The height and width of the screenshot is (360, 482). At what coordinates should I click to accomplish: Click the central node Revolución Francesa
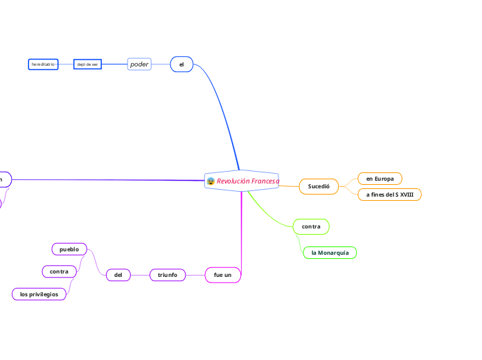tap(248, 181)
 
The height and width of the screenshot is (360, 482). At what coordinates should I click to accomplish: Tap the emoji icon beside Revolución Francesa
tap(211, 181)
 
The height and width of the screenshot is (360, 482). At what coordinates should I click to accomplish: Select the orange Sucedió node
tap(319, 186)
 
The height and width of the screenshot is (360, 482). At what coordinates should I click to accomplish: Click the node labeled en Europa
tap(380, 179)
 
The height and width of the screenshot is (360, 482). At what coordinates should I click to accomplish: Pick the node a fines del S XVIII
tap(389, 195)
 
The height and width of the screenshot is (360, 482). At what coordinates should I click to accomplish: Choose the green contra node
tap(311, 226)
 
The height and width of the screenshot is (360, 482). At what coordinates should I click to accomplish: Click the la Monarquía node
tap(330, 253)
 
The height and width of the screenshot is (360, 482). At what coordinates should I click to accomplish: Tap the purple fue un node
tap(223, 275)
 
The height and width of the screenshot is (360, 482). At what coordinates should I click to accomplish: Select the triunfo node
tap(168, 275)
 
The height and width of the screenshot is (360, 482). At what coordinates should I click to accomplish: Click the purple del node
tap(118, 275)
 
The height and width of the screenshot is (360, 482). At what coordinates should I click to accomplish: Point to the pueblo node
tap(69, 249)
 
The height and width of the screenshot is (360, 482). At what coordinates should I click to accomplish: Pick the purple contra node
tap(59, 271)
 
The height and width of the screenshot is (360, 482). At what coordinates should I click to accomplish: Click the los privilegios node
tap(39, 294)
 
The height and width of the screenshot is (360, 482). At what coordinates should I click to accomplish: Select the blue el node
tap(181, 64)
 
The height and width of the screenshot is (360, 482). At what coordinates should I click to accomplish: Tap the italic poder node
tap(139, 64)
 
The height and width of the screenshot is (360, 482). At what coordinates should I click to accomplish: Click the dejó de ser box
tap(88, 64)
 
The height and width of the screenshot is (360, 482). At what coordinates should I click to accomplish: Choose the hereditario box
tap(42, 64)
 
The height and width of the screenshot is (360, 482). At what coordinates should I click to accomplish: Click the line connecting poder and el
tap(161, 64)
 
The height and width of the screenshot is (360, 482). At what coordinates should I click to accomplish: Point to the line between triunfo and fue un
tap(195, 275)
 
